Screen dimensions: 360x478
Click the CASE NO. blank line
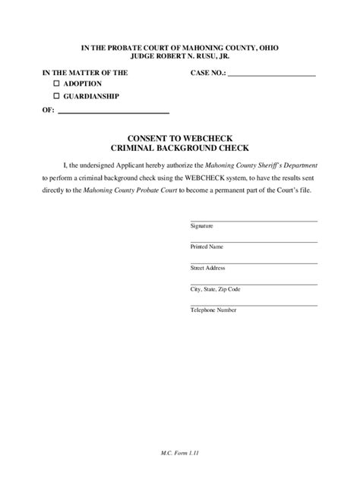coord(271,76)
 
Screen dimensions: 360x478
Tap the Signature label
coord(201,226)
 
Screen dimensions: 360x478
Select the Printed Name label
coord(206,247)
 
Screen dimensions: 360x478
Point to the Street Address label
coord(207,268)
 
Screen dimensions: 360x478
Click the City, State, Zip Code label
coord(215,289)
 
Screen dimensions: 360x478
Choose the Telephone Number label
coord(212,310)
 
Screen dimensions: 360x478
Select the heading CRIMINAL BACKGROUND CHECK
coord(180,149)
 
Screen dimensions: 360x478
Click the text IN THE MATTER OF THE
coord(85,73)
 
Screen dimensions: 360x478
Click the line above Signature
coord(253,221)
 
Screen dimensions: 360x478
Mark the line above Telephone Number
coord(253,305)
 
